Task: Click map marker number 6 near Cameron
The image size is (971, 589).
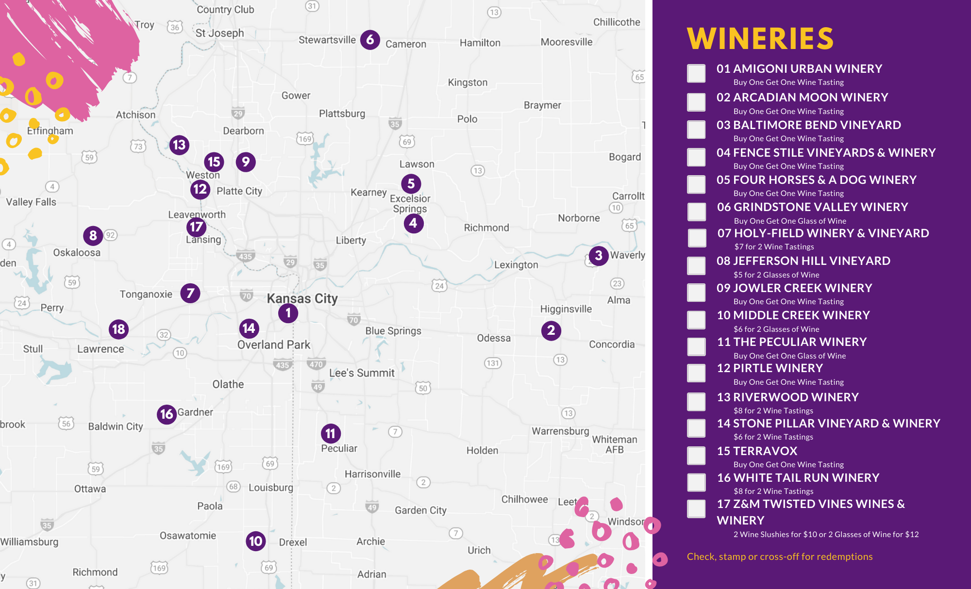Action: click(370, 39)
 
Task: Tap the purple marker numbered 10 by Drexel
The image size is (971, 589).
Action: click(256, 541)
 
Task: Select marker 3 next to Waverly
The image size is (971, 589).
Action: click(599, 255)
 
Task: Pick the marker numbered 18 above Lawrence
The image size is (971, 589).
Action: click(118, 329)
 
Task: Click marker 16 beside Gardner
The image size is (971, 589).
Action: click(167, 414)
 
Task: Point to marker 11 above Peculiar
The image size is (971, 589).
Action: click(331, 433)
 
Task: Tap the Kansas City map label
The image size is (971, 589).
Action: click(302, 298)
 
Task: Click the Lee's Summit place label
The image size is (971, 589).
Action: click(362, 373)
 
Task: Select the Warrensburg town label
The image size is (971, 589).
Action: click(560, 431)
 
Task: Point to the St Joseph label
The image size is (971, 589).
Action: click(219, 33)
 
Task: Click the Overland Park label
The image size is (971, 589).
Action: click(273, 344)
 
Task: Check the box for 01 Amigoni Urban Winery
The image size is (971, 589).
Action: click(696, 73)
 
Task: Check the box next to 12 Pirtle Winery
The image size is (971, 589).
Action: click(696, 373)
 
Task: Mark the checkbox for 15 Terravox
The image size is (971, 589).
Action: click(696, 455)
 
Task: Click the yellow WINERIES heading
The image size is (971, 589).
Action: click(760, 38)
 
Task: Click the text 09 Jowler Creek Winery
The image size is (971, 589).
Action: click(794, 288)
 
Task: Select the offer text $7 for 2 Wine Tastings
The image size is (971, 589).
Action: click(774, 246)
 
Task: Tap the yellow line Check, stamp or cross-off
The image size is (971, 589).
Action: click(779, 556)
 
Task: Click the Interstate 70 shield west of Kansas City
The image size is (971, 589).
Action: click(247, 295)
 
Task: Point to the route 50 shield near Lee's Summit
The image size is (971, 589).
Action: click(423, 388)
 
